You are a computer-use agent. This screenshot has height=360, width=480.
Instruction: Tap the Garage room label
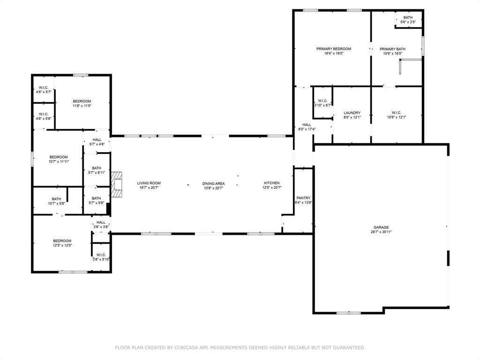pos(381,227)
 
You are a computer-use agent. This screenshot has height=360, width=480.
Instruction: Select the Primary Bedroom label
pos(333,49)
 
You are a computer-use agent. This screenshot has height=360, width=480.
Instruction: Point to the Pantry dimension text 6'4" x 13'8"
pos(303,202)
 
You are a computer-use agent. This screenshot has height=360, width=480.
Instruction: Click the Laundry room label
pos(352,112)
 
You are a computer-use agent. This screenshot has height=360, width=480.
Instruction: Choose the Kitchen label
pos(271,183)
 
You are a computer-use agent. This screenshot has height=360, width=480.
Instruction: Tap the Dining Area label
pos(213,183)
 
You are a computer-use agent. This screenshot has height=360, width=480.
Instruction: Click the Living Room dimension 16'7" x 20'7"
pos(149,187)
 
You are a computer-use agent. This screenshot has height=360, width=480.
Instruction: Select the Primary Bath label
pos(392,49)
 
